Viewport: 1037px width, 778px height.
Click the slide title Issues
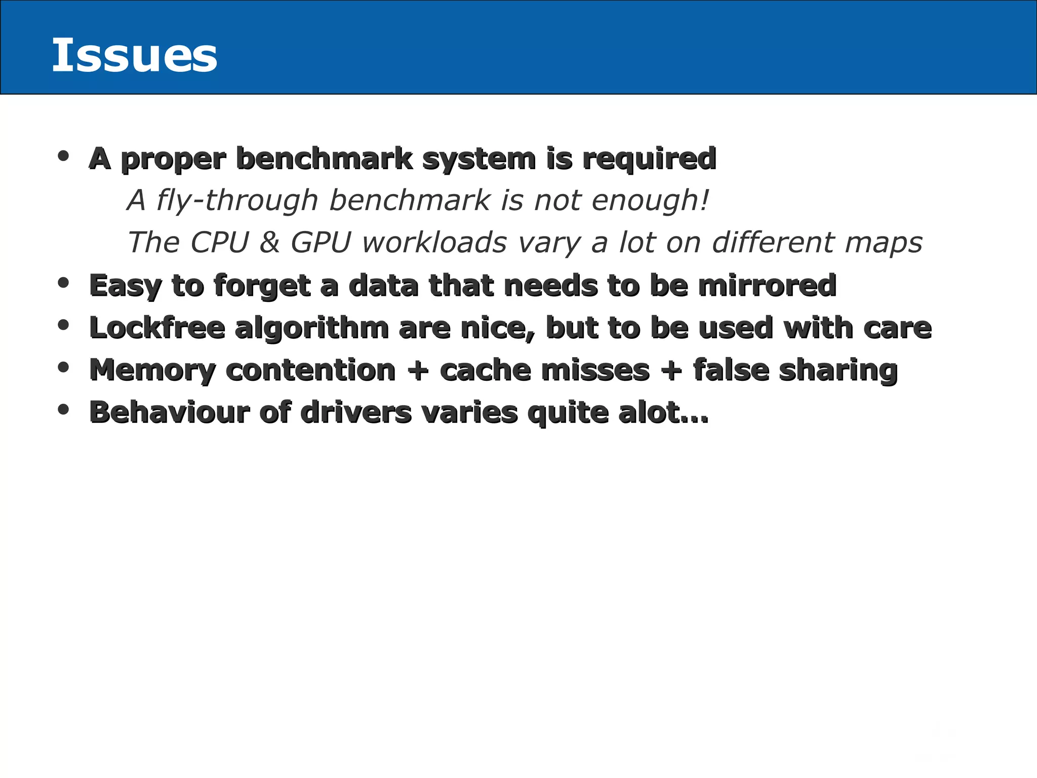coord(135,55)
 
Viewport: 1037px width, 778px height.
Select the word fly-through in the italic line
coord(237,200)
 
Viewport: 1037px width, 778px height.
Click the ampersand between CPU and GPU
coord(269,242)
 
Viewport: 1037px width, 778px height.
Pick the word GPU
coord(321,242)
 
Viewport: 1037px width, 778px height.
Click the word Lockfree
coord(157,328)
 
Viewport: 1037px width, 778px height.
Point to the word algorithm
coord(311,329)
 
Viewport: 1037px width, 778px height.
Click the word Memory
coord(152,371)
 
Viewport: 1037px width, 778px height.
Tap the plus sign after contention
coord(418,370)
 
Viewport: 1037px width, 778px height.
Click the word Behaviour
coord(170,412)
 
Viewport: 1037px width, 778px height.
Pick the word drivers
coord(356,412)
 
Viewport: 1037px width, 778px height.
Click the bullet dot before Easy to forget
coord(63,283)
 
